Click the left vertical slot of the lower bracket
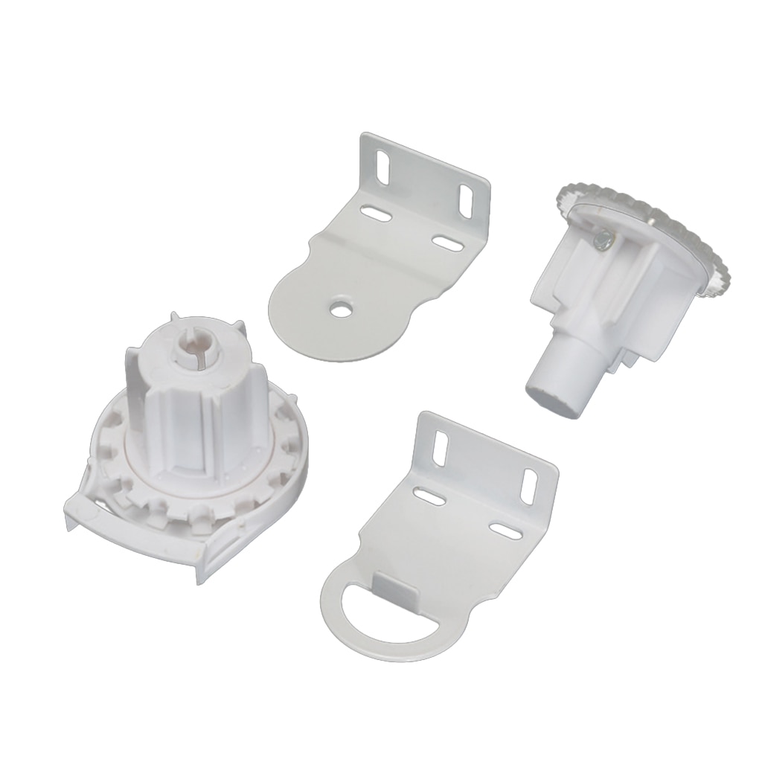(x=441, y=449)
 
